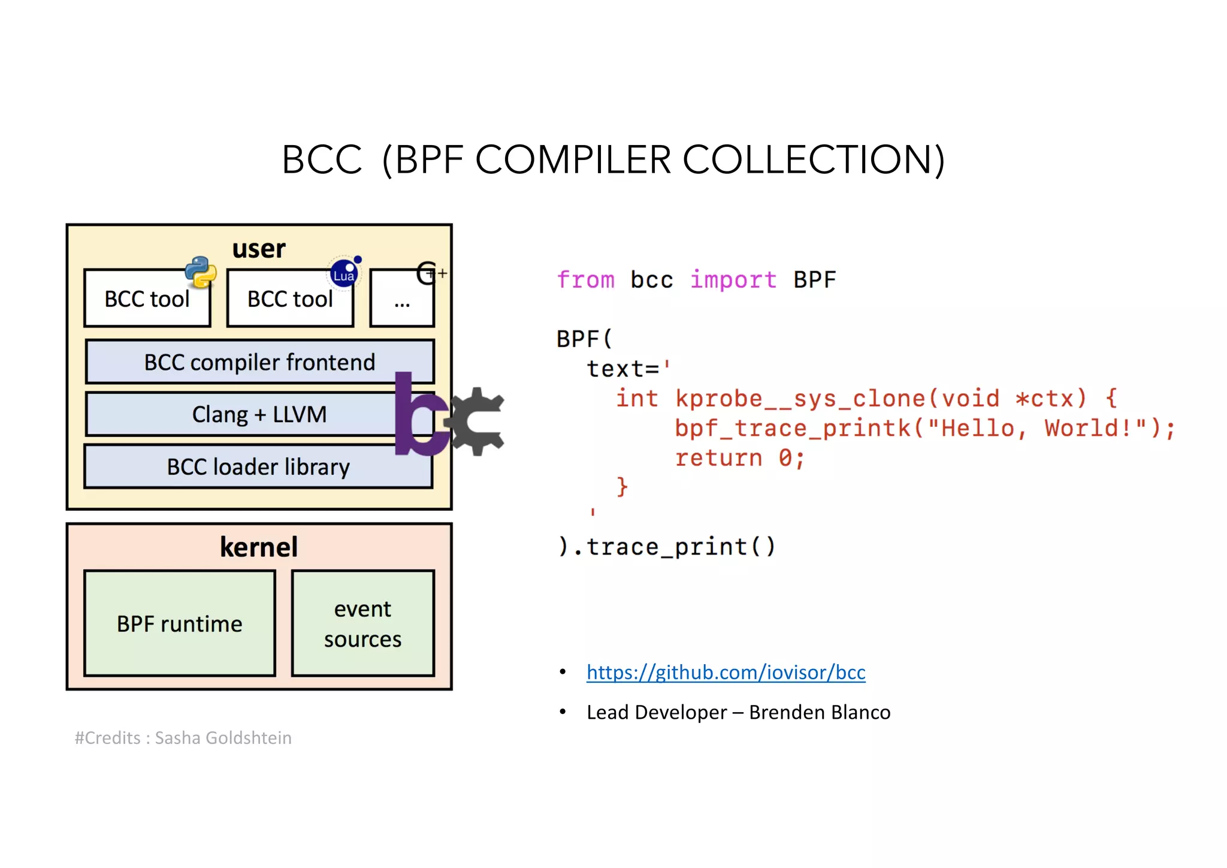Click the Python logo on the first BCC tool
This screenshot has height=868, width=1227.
pos(201,272)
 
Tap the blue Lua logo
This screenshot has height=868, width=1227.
pos(344,273)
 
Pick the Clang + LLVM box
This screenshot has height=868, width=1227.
pos(240,414)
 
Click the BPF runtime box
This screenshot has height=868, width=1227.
pos(180,623)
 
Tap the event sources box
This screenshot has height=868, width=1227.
pos(363,623)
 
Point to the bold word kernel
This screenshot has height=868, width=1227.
pos(259,547)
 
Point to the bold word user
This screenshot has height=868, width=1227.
pos(259,248)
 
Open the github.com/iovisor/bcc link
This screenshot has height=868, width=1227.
pos(726,672)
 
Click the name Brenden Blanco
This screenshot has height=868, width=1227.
pos(820,712)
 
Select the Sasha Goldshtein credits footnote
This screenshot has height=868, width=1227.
pos(183,738)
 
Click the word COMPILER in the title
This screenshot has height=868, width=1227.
pos(573,160)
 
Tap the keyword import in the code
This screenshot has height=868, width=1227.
pos(733,280)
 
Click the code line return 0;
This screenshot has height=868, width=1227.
pos(739,458)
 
